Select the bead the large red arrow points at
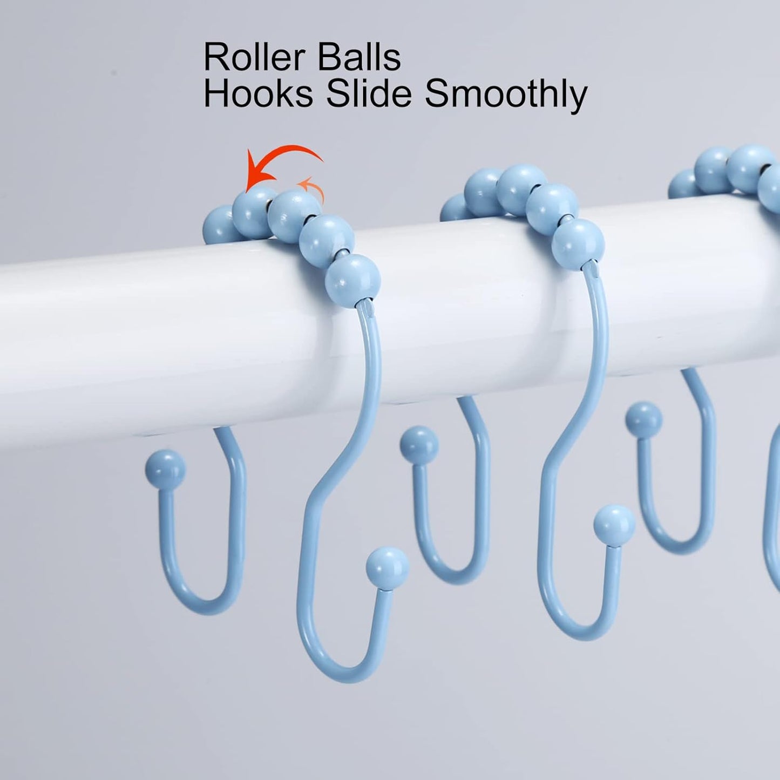(253, 208)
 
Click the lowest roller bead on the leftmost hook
(354, 281)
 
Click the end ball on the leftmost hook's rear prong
(165, 469)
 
